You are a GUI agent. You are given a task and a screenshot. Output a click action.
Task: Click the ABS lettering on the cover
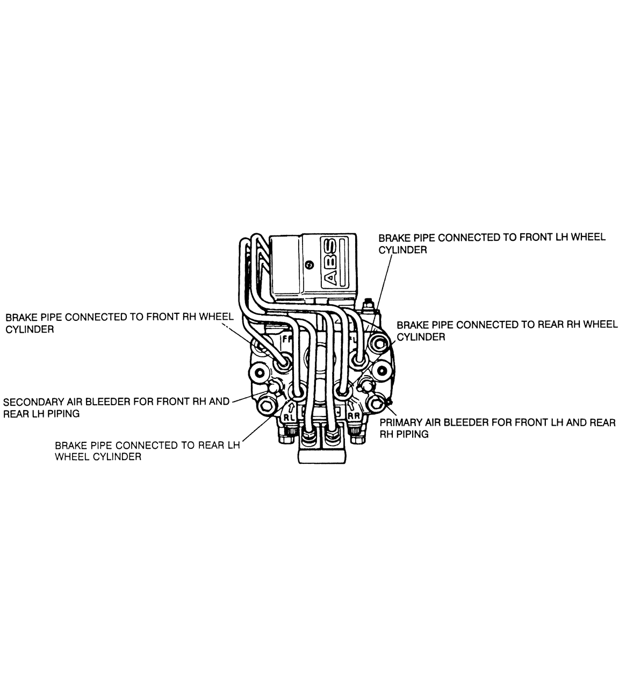[330, 262]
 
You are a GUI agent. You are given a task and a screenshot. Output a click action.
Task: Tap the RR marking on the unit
[354, 415]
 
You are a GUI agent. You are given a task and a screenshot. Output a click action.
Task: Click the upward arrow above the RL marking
[291, 407]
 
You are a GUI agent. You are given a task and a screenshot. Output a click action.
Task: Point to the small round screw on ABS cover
[309, 265]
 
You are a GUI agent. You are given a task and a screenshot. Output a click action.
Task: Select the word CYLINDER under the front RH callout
[30, 329]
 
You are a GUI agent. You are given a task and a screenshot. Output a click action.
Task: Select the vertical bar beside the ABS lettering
[342, 262]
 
